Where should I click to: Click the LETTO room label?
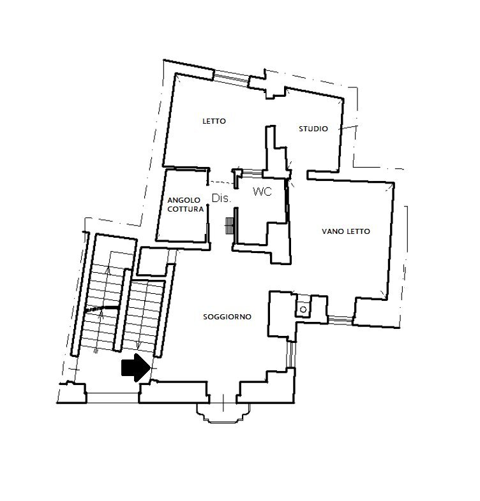pos(214,121)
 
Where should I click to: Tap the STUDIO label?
pos(313,129)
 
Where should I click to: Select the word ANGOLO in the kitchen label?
pos(184,200)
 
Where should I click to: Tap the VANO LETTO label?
pos(345,231)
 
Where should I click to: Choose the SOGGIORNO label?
pos(227,317)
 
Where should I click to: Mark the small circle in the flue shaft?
pos(304,310)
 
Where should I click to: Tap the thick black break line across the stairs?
pos(102,310)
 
